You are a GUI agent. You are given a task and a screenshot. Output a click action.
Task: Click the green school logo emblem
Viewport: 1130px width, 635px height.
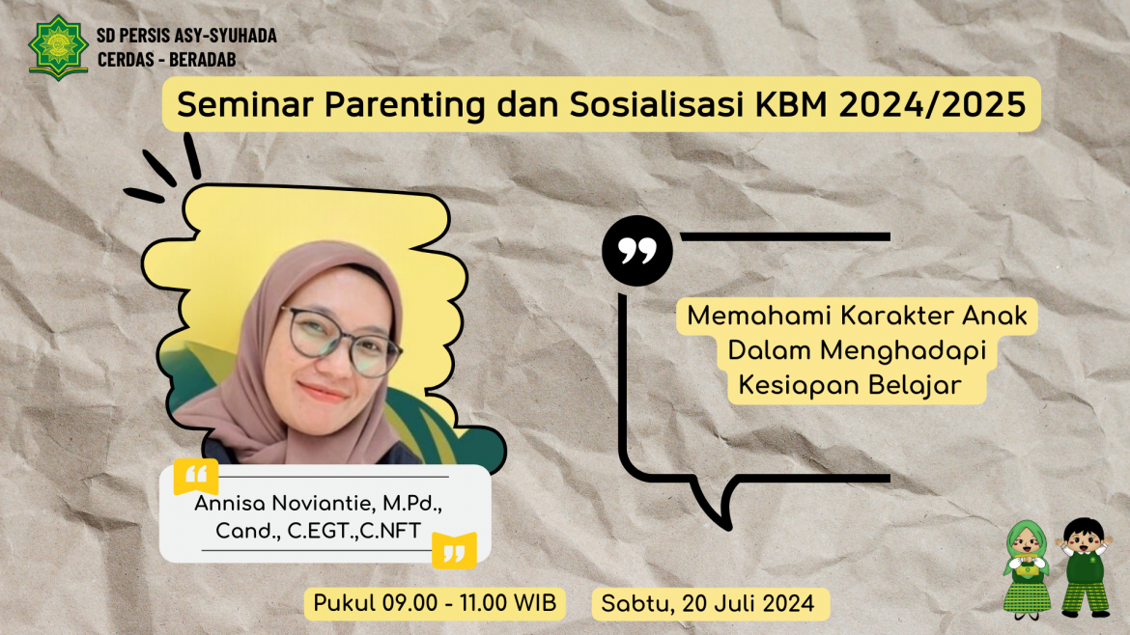coord(58,47)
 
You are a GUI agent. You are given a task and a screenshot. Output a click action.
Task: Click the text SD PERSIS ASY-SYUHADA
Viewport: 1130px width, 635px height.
coord(186,36)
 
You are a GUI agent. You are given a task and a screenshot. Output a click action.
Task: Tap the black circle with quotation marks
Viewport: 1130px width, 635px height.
coord(636,251)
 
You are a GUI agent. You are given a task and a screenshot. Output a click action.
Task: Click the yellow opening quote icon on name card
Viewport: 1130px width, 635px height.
coord(195,477)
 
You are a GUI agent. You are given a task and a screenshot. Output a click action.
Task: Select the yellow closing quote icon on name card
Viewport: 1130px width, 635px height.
coord(454,549)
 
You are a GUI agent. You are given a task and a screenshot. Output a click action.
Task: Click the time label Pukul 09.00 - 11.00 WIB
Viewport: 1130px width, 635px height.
coord(434,604)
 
